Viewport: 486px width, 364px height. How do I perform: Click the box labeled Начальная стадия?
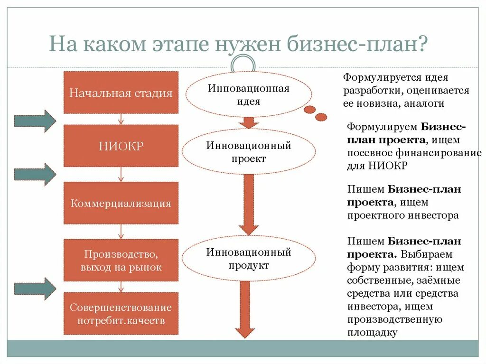coord(121,93)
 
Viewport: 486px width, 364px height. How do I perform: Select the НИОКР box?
coord(121,146)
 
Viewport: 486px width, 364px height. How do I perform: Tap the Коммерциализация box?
coord(121,203)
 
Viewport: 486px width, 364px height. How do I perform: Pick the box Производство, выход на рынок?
coord(121,261)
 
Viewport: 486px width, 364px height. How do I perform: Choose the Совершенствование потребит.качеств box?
coord(121,314)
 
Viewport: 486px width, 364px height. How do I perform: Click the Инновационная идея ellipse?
coord(248,94)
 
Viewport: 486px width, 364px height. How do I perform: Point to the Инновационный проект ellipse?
coord(248,152)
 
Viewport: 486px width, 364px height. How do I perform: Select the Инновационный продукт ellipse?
coord(248,259)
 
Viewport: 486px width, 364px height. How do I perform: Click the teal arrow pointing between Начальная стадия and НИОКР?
coord(35,121)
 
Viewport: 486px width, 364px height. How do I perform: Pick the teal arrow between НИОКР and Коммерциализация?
coord(35,174)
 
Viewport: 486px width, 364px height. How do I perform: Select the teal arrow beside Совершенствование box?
coord(35,289)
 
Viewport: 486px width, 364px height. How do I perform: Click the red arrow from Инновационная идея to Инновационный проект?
coord(248,122)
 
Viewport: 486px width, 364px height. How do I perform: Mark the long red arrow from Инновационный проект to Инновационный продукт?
coord(248,204)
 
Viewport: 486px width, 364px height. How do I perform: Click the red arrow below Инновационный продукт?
coord(245,308)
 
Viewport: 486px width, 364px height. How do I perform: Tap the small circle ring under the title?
coord(245,65)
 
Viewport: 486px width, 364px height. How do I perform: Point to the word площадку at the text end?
coord(372,332)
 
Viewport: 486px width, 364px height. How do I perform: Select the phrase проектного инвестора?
coord(403,215)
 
